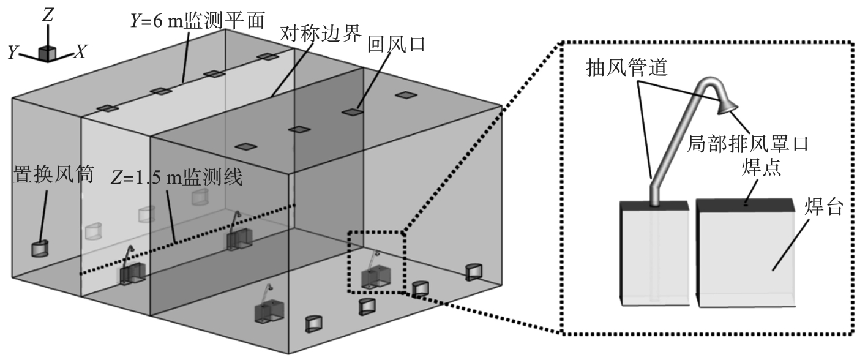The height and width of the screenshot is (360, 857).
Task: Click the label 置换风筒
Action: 53,176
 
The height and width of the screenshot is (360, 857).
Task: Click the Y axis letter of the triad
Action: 12,53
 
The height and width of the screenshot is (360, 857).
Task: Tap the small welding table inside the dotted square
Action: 376,277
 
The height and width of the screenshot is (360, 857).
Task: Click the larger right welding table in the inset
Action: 748,257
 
